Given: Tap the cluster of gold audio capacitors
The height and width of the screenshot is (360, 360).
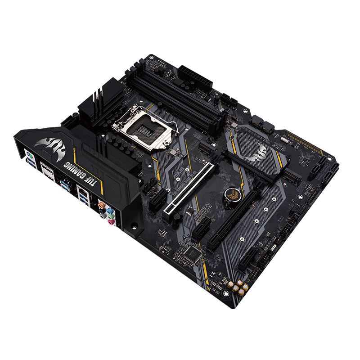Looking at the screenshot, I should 238,287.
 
